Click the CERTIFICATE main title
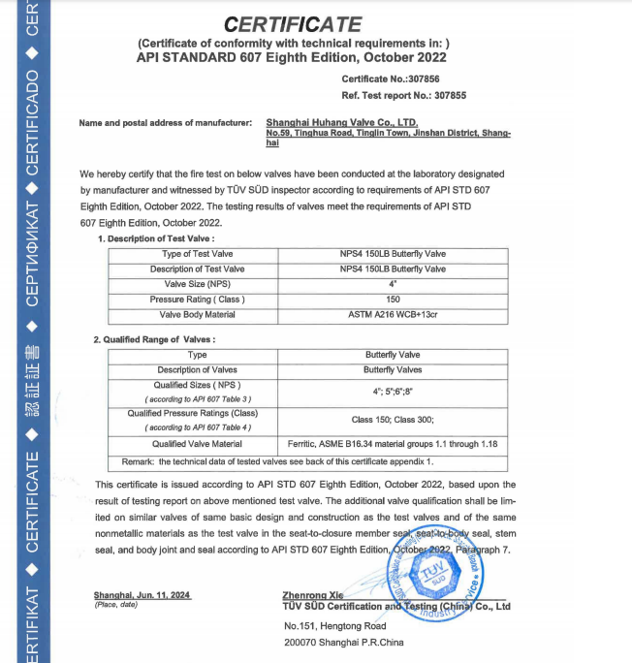(x=292, y=24)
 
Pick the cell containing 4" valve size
(x=394, y=284)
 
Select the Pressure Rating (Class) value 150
(x=394, y=300)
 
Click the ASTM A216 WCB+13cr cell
(x=394, y=315)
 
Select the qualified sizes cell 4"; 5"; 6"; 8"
(x=393, y=391)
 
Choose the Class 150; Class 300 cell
(x=393, y=419)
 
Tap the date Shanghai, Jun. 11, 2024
(x=142, y=594)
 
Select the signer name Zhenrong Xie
(x=313, y=594)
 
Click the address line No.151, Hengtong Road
(x=334, y=625)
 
